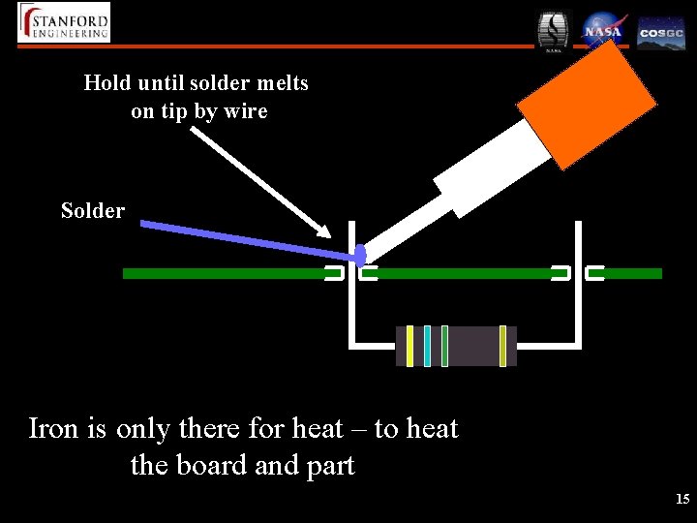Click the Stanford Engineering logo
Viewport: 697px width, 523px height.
click(x=64, y=22)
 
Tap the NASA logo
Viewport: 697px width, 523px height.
click(x=602, y=30)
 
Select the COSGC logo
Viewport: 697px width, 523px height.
click(x=661, y=32)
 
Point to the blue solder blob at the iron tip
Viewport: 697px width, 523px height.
click(x=360, y=256)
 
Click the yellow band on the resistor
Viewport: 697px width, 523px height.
click(x=410, y=346)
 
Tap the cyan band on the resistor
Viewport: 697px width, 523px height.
click(x=427, y=346)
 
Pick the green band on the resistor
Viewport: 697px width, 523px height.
click(x=444, y=346)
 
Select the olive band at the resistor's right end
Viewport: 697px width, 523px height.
click(x=502, y=346)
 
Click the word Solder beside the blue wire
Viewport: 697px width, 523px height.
click(x=93, y=210)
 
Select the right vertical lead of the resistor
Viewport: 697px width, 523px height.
click(x=578, y=291)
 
